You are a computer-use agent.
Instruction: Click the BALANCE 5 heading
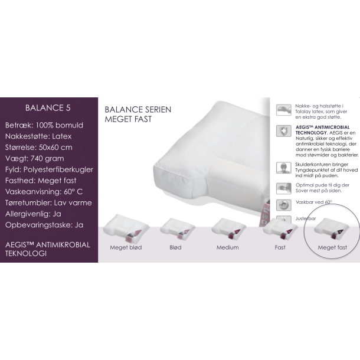click(48, 108)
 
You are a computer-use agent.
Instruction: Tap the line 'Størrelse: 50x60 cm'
click(39, 147)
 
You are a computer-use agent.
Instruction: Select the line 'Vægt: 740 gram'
click(35, 158)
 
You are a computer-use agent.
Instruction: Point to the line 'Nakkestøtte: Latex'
click(38, 136)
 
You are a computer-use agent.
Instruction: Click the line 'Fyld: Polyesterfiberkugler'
click(49, 169)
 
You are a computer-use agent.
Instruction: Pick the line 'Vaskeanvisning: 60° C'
click(44, 191)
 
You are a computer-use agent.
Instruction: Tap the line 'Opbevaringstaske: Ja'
click(44, 225)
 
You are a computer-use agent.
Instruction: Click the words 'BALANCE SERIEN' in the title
click(138, 110)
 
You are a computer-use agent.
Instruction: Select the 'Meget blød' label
click(126, 247)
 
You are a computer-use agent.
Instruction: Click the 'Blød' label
click(176, 247)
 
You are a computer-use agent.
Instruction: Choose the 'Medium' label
click(228, 247)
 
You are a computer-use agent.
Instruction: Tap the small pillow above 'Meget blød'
click(126, 228)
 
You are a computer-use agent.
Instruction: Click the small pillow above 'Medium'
click(228, 228)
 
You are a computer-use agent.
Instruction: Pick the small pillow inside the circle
click(331, 228)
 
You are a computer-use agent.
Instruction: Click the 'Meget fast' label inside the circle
click(332, 247)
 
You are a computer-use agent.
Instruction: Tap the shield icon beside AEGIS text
click(284, 131)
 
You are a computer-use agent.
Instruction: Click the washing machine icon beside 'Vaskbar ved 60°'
click(284, 205)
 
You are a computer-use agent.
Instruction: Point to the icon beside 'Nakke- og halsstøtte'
click(284, 110)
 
